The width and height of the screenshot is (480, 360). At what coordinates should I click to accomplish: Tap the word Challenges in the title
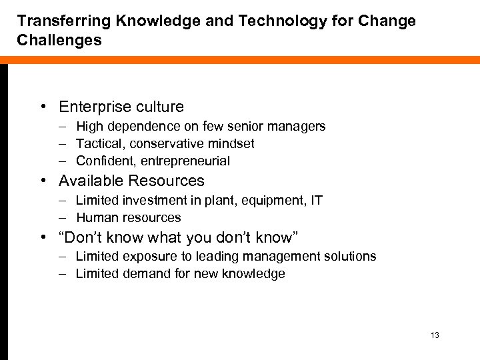60,40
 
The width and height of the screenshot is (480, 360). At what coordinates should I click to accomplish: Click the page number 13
435,335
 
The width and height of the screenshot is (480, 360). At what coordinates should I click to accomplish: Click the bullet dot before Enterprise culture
43,107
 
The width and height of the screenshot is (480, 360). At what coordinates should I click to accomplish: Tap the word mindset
231,143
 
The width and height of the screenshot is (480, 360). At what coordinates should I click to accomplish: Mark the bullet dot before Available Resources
43,181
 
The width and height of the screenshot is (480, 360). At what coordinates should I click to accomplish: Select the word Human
94,217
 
